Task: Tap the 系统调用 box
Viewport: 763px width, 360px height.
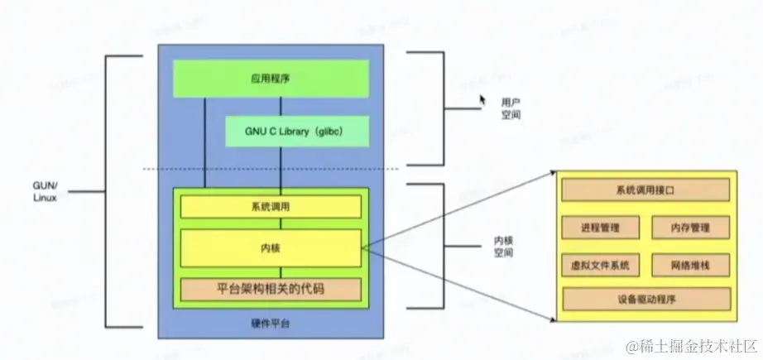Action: pyautogui.click(x=271, y=206)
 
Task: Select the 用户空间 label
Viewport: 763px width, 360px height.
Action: pyautogui.click(x=511, y=108)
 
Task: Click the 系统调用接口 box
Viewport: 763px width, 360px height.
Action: pyautogui.click(x=645, y=190)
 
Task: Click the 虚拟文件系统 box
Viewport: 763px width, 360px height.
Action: pyautogui.click(x=600, y=265)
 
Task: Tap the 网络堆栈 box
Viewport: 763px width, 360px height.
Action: pyautogui.click(x=690, y=265)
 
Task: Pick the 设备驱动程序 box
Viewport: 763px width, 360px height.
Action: pyautogui.click(x=645, y=299)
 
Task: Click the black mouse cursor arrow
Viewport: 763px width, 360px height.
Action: pyautogui.click(x=482, y=100)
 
